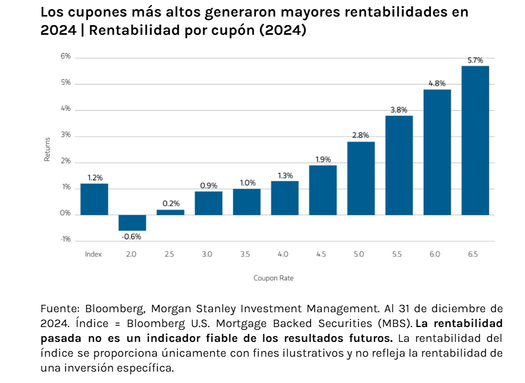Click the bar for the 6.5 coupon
[x=475, y=140]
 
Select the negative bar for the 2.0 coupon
[x=132, y=223]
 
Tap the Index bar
[x=94, y=199]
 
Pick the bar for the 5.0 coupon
[x=361, y=178]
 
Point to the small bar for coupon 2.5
[x=170, y=212]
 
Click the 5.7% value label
[x=475, y=60]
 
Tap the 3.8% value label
[x=399, y=110]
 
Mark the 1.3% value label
[x=285, y=175]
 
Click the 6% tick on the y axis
[x=66, y=57]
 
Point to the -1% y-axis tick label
[x=65, y=239]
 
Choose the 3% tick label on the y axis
[x=66, y=135]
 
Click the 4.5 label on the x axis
[x=321, y=254]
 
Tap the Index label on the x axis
[x=93, y=254]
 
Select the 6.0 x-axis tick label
[x=435, y=254]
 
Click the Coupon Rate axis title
[x=273, y=278]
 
